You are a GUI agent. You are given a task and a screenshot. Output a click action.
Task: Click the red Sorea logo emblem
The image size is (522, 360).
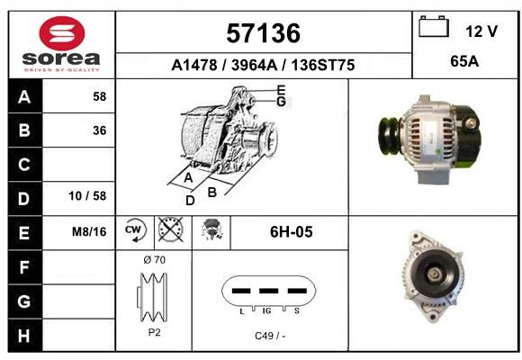click(x=62, y=33)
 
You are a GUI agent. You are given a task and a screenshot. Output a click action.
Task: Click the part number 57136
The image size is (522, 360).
click(x=264, y=33)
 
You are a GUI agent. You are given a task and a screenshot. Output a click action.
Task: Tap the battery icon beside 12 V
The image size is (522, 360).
click(x=434, y=26)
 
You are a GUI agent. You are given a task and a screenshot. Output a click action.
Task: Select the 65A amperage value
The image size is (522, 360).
click(x=464, y=61)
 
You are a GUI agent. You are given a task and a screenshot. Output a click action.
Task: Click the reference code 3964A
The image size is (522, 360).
click(x=255, y=65)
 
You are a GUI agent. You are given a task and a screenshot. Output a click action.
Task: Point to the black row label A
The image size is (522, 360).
click(x=24, y=96)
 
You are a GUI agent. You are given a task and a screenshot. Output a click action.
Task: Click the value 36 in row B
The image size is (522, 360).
click(x=100, y=130)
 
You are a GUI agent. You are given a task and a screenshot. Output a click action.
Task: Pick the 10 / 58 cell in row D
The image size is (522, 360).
click(x=87, y=196)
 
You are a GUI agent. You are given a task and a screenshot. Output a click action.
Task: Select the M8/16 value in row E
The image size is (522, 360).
click(x=89, y=231)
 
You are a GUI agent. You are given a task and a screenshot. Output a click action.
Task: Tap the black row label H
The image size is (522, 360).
click(x=24, y=336)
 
